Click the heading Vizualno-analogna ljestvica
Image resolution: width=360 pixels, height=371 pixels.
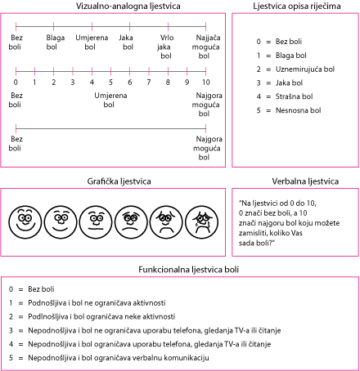tap(128, 6)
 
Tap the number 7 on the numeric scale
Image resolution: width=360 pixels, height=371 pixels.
tap(149, 82)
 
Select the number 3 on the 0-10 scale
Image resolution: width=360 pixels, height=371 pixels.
tap(73, 82)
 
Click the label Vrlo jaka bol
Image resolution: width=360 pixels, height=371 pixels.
tap(166, 47)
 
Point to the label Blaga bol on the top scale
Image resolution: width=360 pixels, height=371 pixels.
tap(55, 42)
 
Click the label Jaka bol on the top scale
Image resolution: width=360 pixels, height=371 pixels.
tap(126, 42)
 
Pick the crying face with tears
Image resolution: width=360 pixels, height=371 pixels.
tap(202, 222)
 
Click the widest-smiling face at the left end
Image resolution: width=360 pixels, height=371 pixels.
tap(25, 222)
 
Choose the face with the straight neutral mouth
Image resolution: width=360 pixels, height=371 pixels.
tap(96, 222)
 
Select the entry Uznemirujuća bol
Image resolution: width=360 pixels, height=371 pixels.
tap(305, 69)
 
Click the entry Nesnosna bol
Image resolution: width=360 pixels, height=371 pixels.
tap(298, 110)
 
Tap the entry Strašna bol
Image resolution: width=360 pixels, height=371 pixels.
tap(294, 96)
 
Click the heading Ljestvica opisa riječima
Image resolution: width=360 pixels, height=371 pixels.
tap(297, 6)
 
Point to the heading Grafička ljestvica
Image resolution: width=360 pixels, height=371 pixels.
tap(119, 181)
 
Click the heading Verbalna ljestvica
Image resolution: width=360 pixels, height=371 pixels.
tap(305, 181)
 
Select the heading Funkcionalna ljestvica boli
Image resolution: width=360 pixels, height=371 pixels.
tap(188, 270)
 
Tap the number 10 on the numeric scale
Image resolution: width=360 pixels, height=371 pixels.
tap(206, 82)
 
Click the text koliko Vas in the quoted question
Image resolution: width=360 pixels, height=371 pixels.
tap(286, 233)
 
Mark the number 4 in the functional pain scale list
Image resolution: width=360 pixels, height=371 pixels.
tap(11, 344)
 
